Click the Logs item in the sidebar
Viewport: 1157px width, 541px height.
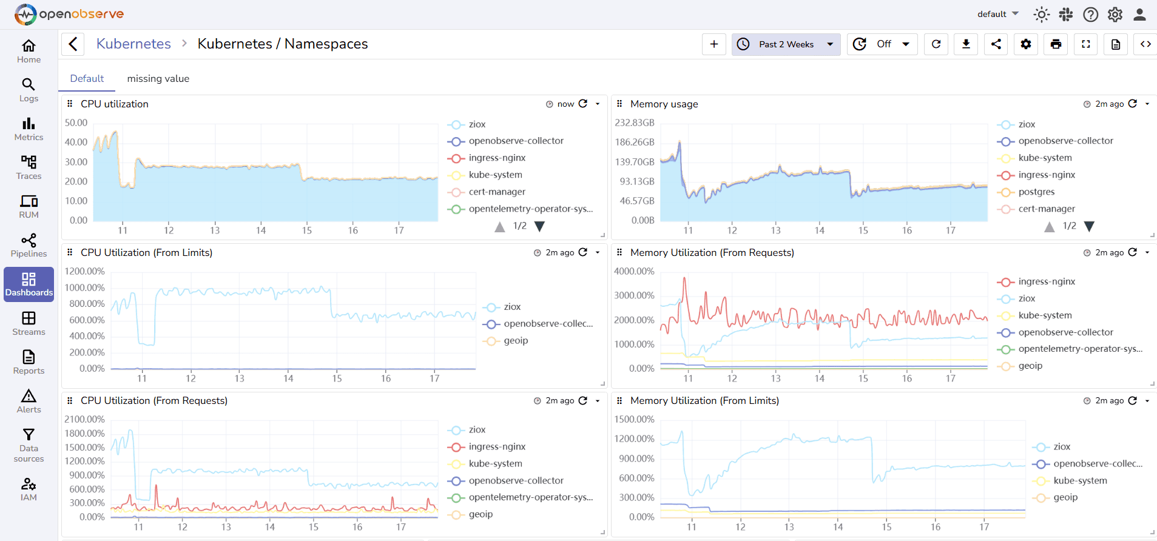(29, 90)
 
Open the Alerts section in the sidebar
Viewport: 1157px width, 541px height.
(29, 401)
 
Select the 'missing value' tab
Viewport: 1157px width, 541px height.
(158, 78)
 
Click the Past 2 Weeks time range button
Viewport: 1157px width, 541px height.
(786, 44)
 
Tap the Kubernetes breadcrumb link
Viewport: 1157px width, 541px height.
(133, 44)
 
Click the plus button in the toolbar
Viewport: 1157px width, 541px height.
(713, 44)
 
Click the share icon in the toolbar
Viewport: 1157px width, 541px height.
(996, 44)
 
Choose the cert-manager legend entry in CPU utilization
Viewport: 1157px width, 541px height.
(496, 192)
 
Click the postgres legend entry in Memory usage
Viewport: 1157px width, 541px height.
(1036, 192)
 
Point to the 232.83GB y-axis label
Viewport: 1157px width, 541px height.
(635, 123)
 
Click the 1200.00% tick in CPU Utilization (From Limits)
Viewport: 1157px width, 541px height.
(85, 271)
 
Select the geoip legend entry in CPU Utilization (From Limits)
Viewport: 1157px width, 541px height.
(515, 340)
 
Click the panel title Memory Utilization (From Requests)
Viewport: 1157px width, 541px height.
(712, 252)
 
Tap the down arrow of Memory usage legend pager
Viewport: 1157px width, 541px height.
(1089, 226)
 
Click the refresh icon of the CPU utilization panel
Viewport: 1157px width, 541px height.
(583, 104)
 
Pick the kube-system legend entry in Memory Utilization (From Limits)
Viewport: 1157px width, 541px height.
(1080, 480)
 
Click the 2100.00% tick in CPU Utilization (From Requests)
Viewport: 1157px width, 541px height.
(85, 419)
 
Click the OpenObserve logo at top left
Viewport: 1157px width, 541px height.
(69, 14)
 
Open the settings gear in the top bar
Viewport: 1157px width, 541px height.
(1115, 14)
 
